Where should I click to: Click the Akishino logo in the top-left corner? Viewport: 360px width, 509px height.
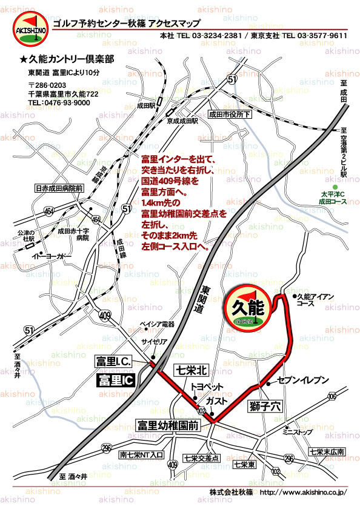(x=28, y=30)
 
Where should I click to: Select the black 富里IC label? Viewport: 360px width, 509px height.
(x=116, y=381)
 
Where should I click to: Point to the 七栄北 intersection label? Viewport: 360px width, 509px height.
(x=192, y=370)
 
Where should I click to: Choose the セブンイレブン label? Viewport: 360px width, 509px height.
(x=303, y=380)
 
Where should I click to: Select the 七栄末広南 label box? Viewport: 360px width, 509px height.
(x=326, y=451)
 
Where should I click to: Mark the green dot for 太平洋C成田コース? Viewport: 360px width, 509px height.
(x=335, y=187)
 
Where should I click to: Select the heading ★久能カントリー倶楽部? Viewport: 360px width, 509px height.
(x=67, y=61)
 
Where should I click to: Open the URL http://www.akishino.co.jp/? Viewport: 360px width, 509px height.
(x=302, y=492)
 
